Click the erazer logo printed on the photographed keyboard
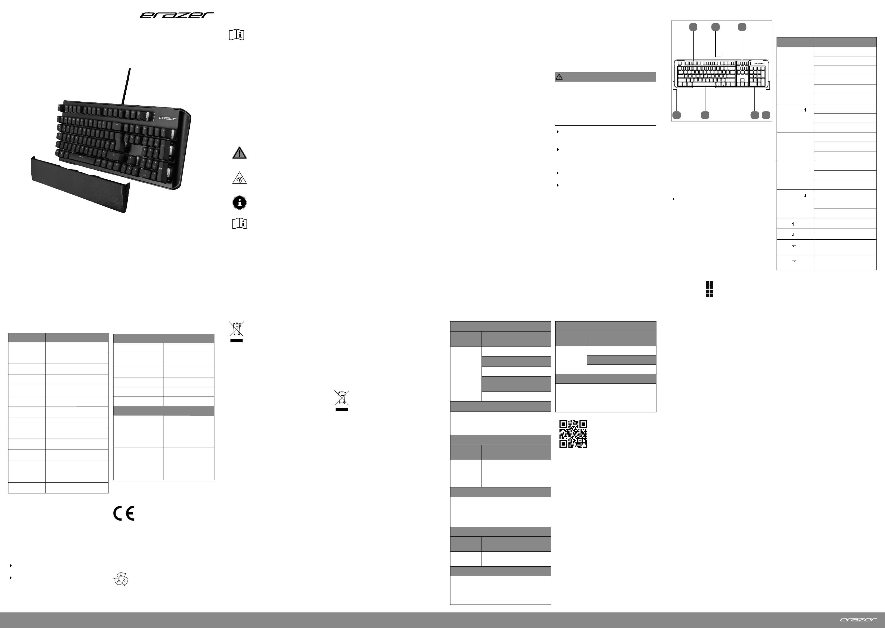pyautogui.click(x=167, y=118)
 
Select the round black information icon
pyautogui.click(x=239, y=202)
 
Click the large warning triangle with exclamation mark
pyautogui.click(x=239, y=153)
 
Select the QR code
pyautogui.click(x=573, y=434)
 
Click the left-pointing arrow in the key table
pyautogui.click(x=794, y=246)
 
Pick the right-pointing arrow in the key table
pyautogui.click(x=794, y=261)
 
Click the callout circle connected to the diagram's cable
pyautogui.click(x=716, y=27)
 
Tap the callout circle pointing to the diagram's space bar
pyautogui.click(x=705, y=115)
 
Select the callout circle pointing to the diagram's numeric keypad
pyautogui.click(x=755, y=115)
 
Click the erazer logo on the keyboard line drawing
pyautogui.click(x=759, y=63)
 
